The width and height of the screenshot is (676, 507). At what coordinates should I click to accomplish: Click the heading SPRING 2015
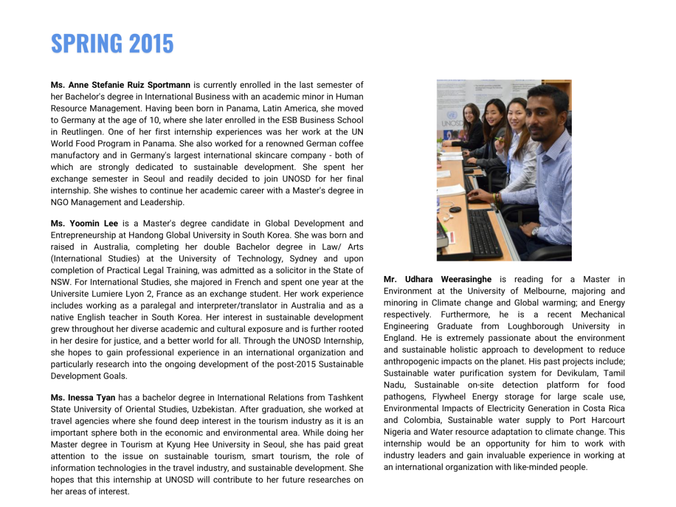click(x=112, y=43)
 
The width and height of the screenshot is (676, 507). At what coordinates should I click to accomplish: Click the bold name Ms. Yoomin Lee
click(x=84, y=224)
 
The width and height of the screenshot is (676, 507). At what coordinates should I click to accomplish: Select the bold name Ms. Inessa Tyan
click(x=83, y=398)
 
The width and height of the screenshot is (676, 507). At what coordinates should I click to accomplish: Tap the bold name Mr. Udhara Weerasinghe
click(x=437, y=279)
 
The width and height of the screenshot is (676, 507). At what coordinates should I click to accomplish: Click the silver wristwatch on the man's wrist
click(x=535, y=230)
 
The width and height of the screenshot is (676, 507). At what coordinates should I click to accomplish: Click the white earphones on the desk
click(x=450, y=216)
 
